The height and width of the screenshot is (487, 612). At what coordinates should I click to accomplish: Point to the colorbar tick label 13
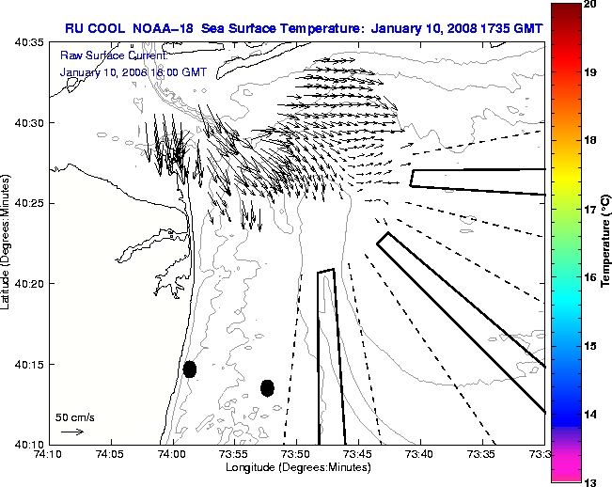tap(591, 481)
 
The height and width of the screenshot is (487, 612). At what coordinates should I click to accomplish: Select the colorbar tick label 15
tap(591, 347)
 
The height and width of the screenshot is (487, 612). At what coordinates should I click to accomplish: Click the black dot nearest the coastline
tap(190, 369)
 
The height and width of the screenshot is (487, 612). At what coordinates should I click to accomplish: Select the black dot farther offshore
tap(267, 387)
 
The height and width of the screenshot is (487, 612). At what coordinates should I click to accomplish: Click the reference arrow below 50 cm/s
tap(72, 432)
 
